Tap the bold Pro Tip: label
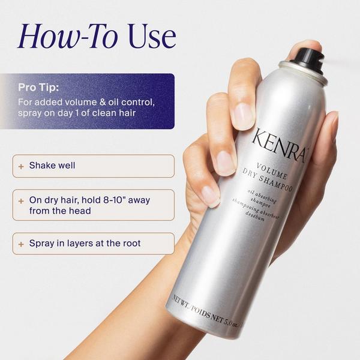point(37,88)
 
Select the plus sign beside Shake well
point(22,166)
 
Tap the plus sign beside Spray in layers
point(22,244)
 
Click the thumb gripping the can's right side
point(329,144)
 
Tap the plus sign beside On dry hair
point(22,200)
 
